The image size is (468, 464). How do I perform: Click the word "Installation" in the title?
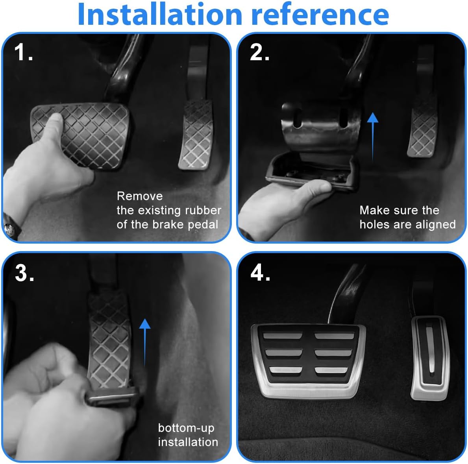coord(159,15)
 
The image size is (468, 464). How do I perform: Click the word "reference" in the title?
coord(320,15)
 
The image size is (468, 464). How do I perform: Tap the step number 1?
coord(23,52)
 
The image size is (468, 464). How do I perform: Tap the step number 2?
coord(259,52)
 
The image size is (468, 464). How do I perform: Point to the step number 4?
coord(260,272)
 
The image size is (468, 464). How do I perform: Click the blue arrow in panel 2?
coord(372,135)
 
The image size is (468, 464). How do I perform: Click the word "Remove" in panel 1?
coord(140,196)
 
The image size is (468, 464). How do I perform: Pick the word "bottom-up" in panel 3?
coord(186,428)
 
